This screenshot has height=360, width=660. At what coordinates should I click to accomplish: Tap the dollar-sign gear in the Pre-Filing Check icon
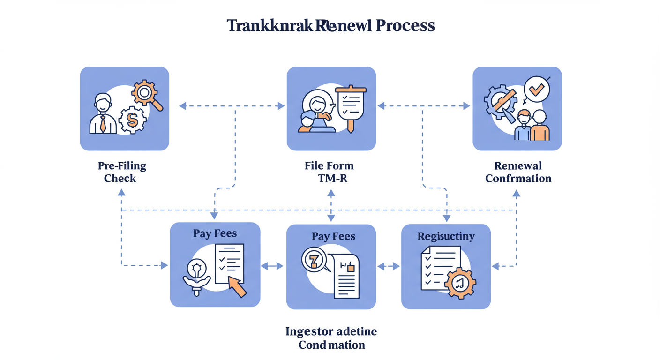coord(132,120)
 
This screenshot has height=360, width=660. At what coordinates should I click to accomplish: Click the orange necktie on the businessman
coord(103,124)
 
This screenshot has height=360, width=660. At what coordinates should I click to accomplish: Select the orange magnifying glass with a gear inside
coord(145,94)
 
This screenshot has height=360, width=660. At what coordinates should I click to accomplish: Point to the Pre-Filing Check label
coord(122,172)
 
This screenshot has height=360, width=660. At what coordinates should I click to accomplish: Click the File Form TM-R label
coord(329,172)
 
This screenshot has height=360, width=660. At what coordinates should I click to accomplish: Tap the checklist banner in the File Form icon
coord(351,103)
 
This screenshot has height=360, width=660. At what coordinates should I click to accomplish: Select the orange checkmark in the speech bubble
coord(536,88)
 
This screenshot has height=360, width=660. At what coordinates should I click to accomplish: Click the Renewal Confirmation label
coord(518,172)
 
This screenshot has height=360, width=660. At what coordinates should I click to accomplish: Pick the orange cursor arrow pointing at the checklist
coord(237,285)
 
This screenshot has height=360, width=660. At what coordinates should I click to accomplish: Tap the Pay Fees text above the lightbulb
coord(215,233)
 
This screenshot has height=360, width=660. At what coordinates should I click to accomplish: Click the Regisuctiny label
coord(446,236)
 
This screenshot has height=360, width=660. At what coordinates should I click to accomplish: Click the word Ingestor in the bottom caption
coord(309,332)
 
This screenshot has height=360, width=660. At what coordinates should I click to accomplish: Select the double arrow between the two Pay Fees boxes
coord(272,266)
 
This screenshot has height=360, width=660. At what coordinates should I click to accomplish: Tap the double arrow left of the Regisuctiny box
coord(388,266)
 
